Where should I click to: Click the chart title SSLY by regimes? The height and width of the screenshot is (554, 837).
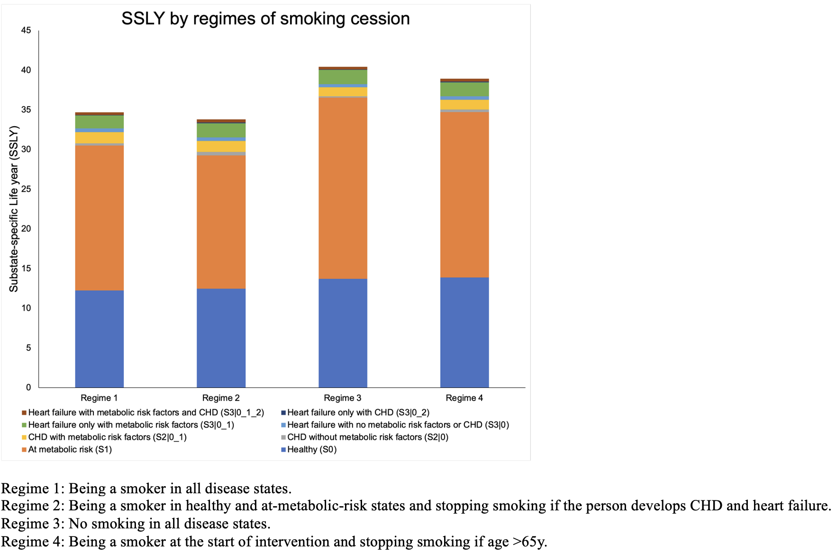(x=265, y=19)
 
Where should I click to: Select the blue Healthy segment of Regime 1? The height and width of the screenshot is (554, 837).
(x=100, y=339)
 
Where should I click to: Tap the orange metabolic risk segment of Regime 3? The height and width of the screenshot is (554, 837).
(x=343, y=188)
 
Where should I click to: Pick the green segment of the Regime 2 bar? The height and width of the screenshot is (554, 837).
(x=221, y=130)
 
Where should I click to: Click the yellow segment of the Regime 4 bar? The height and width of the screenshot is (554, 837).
(x=464, y=104)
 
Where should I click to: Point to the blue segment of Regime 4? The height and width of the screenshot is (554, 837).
(x=464, y=332)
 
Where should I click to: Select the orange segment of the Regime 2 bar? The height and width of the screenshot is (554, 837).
(x=221, y=222)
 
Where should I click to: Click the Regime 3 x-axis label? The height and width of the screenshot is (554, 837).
(x=342, y=398)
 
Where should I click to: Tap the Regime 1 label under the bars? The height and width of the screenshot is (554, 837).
(x=99, y=398)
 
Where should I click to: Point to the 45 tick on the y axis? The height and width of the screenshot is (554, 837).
(x=26, y=30)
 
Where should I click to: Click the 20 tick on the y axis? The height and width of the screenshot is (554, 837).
(x=26, y=229)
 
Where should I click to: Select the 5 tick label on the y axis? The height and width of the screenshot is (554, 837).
(x=28, y=348)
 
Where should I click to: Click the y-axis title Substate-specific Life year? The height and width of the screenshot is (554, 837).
(x=14, y=209)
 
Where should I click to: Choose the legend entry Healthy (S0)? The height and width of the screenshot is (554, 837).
(x=311, y=450)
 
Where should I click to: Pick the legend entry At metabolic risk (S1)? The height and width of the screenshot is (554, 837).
(x=70, y=450)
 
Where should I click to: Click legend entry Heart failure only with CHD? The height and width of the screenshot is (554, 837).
(x=358, y=413)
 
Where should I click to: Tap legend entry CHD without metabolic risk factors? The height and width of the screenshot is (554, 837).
(x=367, y=437)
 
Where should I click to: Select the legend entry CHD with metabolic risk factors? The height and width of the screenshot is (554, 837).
(x=107, y=437)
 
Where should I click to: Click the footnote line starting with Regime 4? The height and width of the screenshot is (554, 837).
(x=274, y=542)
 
